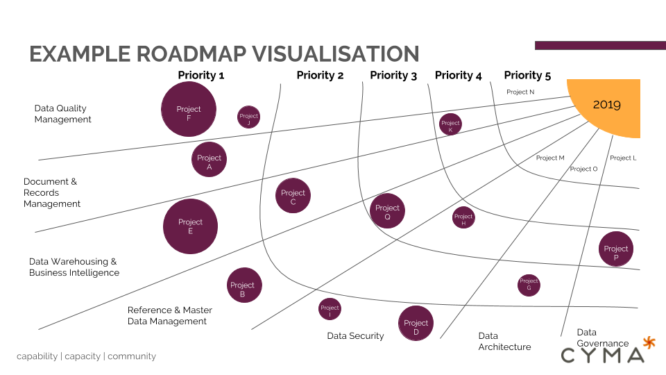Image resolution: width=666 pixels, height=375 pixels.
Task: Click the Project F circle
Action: [189, 109]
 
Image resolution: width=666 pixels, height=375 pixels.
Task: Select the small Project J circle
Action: [248, 117]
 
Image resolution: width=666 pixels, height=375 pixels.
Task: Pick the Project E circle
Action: [190, 226]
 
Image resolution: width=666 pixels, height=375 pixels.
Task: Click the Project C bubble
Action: [293, 196]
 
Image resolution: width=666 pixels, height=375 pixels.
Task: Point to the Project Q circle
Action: [387, 211]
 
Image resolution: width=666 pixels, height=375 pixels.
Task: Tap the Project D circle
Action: [416, 324]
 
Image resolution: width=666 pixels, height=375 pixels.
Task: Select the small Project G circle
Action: [529, 285]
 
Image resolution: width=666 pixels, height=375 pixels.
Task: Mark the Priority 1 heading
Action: [201, 75]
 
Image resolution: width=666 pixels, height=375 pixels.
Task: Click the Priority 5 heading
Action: [527, 75]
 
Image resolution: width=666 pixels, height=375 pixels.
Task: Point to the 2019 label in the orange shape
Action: [606, 105]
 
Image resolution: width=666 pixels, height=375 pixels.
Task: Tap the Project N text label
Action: [520, 92]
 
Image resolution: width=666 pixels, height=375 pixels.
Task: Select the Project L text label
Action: [623, 158]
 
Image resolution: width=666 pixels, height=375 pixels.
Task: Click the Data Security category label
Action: [355, 336]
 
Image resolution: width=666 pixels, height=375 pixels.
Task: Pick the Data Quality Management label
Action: [63, 114]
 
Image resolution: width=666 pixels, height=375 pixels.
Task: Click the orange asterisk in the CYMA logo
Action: [649, 342]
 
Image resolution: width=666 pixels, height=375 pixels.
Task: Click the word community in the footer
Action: [132, 356]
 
